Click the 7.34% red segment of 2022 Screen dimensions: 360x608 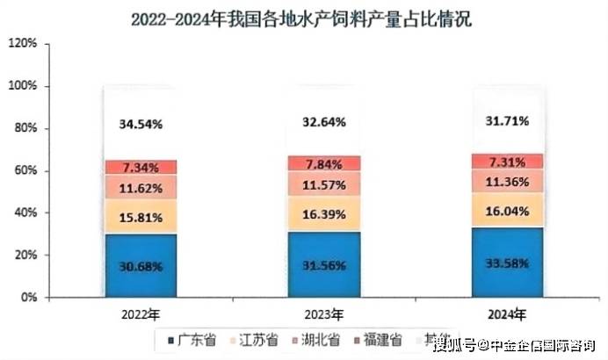[141, 167]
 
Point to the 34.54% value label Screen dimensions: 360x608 [141, 124]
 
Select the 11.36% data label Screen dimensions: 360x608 [507, 183]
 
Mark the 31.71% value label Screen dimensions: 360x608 [507, 120]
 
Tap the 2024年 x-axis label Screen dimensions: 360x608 [507, 313]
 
